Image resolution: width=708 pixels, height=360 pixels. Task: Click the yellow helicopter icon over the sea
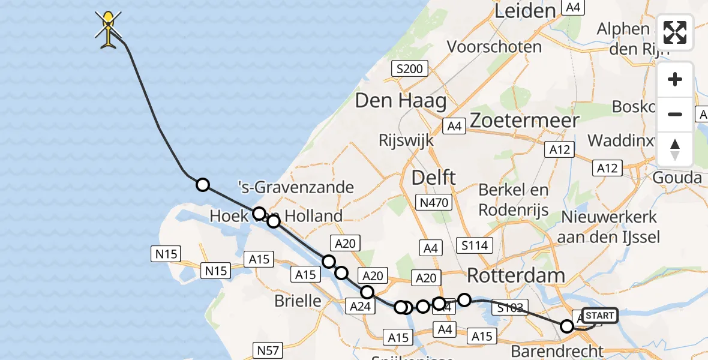click(108, 29)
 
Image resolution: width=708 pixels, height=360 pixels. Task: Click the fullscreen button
click(675, 32)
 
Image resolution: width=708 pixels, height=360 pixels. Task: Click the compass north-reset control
click(675, 149)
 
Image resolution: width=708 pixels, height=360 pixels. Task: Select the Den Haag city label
click(401, 100)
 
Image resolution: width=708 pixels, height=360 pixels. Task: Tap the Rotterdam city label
click(516, 275)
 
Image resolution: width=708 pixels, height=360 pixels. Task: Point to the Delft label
click(433, 178)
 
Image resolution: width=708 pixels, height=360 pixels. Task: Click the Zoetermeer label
click(524, 121)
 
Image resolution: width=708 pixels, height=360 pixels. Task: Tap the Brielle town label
click(298, 301)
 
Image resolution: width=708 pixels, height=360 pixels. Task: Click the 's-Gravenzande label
click(304, 187)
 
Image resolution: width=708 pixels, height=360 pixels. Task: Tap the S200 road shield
click(410, 68)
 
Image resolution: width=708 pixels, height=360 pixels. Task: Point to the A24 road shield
click(362, 307)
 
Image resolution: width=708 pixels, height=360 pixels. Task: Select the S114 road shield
click(475, 245)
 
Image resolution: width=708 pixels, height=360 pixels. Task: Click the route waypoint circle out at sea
click(203, 185)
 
